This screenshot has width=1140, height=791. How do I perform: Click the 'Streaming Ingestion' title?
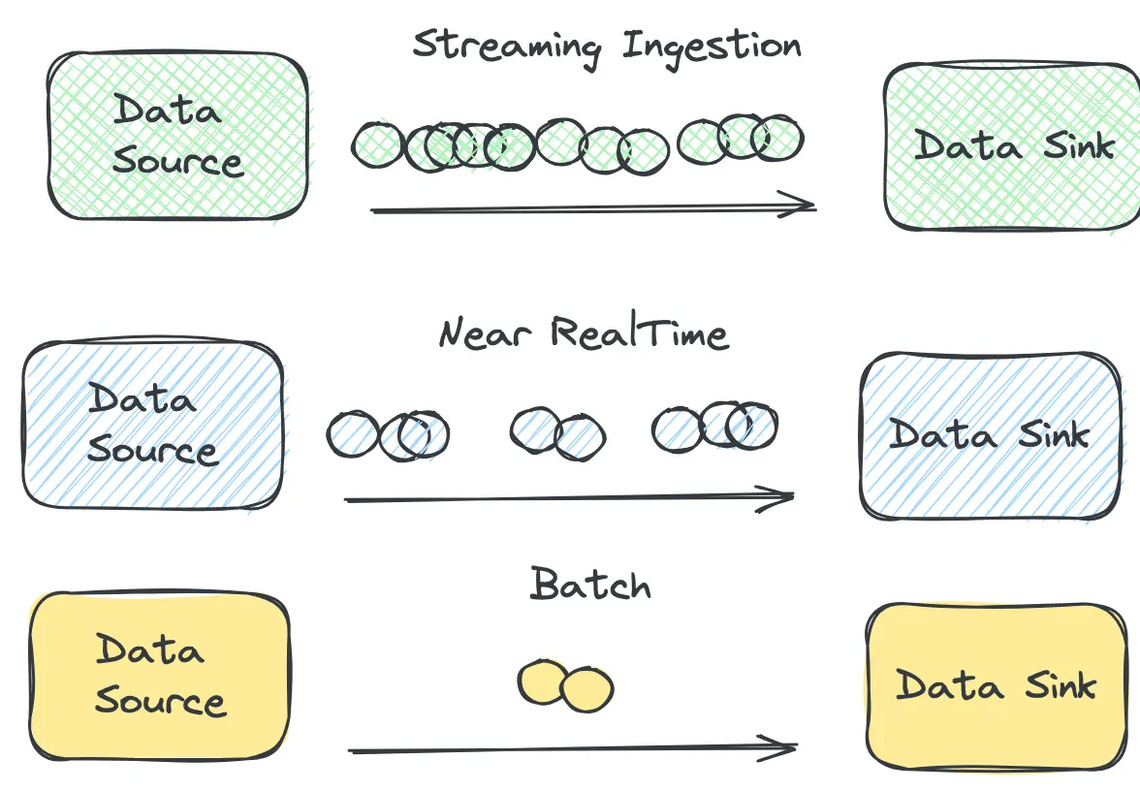coord(607,47)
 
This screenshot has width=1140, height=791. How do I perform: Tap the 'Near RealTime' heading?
coord(583,333)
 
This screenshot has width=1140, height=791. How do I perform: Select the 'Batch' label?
coord(590,585)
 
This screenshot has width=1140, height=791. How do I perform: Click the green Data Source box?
coord(177,136)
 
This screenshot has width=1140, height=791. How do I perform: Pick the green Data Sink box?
coord(1011,146)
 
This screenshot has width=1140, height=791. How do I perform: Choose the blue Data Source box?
coord(153,425)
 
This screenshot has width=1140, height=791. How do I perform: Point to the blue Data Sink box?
coord(990,435)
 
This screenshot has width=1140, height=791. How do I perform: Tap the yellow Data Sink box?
coord(997,686)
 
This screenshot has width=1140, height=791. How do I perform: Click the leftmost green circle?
coord(378,144)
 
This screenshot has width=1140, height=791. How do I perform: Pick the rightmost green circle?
coord(777,137)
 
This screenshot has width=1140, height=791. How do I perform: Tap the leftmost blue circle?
coord(353,434)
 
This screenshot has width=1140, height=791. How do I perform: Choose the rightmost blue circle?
coord(751,427)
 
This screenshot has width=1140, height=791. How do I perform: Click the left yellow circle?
coord(543,682)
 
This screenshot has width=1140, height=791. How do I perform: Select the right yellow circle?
coord(586,690)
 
